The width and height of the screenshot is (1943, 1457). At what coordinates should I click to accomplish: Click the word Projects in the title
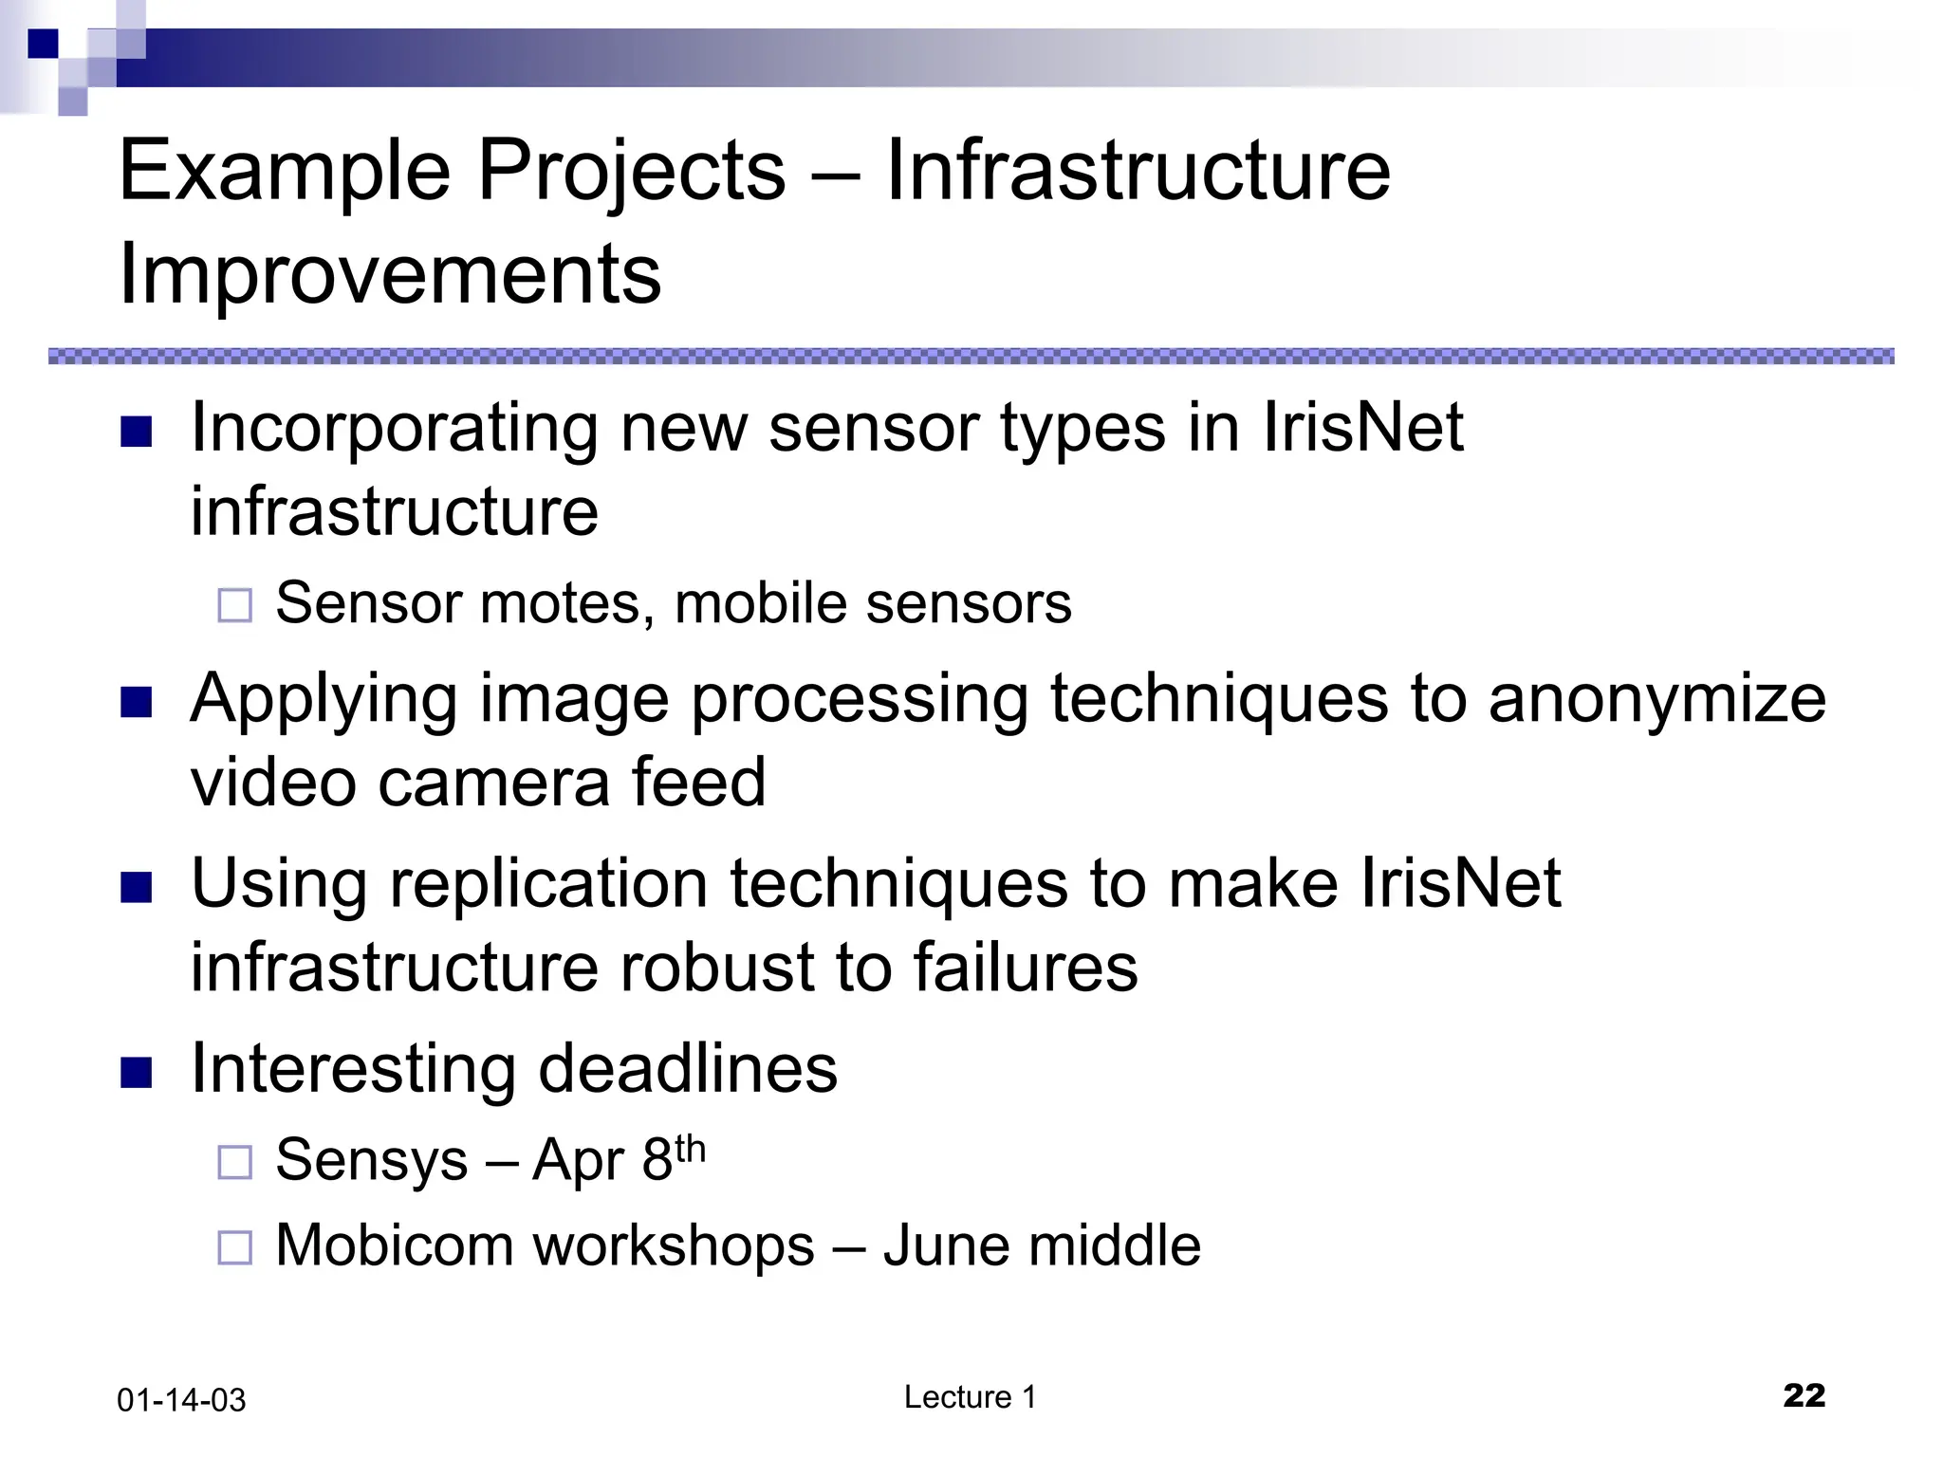(x=631, y=171)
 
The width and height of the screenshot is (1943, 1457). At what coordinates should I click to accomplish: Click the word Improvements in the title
(x=390, y=274)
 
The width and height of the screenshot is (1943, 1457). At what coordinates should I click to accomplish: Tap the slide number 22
(x=1804, y=1395)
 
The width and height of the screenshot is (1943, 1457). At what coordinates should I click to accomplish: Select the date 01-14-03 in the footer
(x=181, y=1400)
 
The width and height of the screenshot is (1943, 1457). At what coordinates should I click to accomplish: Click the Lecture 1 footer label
(x=970, y=1397)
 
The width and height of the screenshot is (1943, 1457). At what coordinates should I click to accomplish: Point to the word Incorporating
(x=394, y=429)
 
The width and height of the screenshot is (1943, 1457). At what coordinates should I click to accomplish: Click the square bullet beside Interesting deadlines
(x=137, y=1073)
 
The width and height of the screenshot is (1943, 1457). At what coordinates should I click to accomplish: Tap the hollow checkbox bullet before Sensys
(x=235, y=1162)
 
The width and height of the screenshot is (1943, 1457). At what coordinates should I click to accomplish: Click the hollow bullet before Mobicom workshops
(x=235, y=1247)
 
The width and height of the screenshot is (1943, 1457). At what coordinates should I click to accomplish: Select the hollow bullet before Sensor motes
(x=235, y=605)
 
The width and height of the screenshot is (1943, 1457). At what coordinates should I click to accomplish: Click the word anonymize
(x=1656, y=700)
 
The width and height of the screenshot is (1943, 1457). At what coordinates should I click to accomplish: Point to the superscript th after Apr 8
(x=690, y=1149)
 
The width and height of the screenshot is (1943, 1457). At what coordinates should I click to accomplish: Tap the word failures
(x=1025, y=968)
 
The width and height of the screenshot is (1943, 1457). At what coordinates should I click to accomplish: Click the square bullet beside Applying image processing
(x=137, y=703)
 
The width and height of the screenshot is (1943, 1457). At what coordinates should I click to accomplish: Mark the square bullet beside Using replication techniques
(x=137, y=888)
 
